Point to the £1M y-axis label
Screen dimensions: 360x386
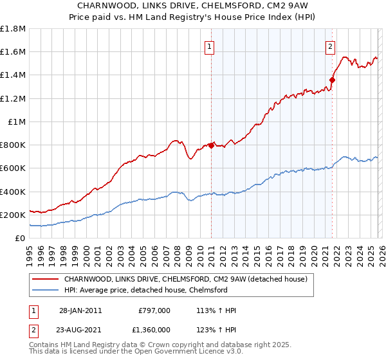tap(17, 122)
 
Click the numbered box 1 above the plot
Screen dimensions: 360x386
tap(210, 46)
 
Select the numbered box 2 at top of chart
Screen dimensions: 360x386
tap(330, 46)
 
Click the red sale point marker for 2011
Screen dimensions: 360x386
tap(211, 145)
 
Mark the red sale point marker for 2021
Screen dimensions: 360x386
tap(332, 80)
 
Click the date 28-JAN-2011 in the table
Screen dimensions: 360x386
tap(80, 310)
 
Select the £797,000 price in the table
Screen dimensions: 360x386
tap(154, 310)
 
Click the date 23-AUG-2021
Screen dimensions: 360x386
tap(80, 328)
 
